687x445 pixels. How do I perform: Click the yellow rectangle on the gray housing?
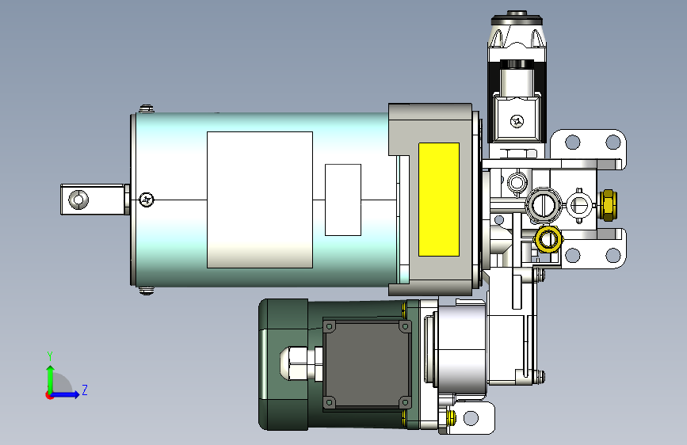click(438, 200)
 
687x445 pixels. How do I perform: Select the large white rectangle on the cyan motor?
click(260, 200)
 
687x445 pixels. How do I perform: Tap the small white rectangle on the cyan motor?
click(343, 200)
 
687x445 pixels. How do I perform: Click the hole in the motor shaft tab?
click(78, 200)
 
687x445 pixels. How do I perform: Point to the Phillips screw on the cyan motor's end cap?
click(147, 200)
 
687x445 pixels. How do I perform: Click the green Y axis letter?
click(50, 356)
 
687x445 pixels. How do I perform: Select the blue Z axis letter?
click(85, 390)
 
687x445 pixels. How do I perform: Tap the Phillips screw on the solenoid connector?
click(517, 121)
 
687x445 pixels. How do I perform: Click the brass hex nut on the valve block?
click(608, 205)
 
